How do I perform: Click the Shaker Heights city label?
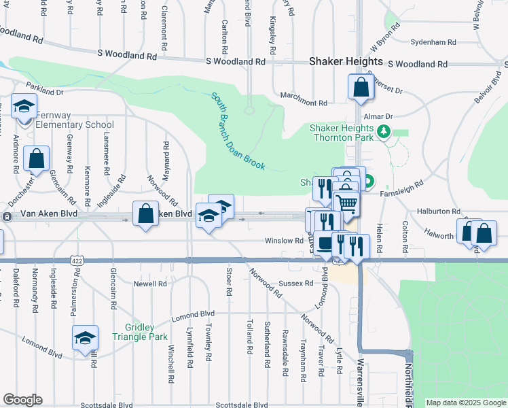click(346, 61)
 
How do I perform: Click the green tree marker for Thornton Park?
click(384, 131)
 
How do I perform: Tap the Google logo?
click(22, 400)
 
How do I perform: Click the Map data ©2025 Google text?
click(466, 403)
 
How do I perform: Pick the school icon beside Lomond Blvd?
click(86, 337)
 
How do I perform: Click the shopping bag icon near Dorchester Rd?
click(36, 158)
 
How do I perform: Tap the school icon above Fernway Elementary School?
click(24, 107)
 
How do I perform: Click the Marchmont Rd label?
click(304, 103)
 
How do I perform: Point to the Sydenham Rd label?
click(433, 41)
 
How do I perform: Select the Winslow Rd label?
click(284, 241)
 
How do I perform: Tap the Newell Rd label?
click(150, 283)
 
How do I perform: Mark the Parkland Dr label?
click(45, 89)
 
